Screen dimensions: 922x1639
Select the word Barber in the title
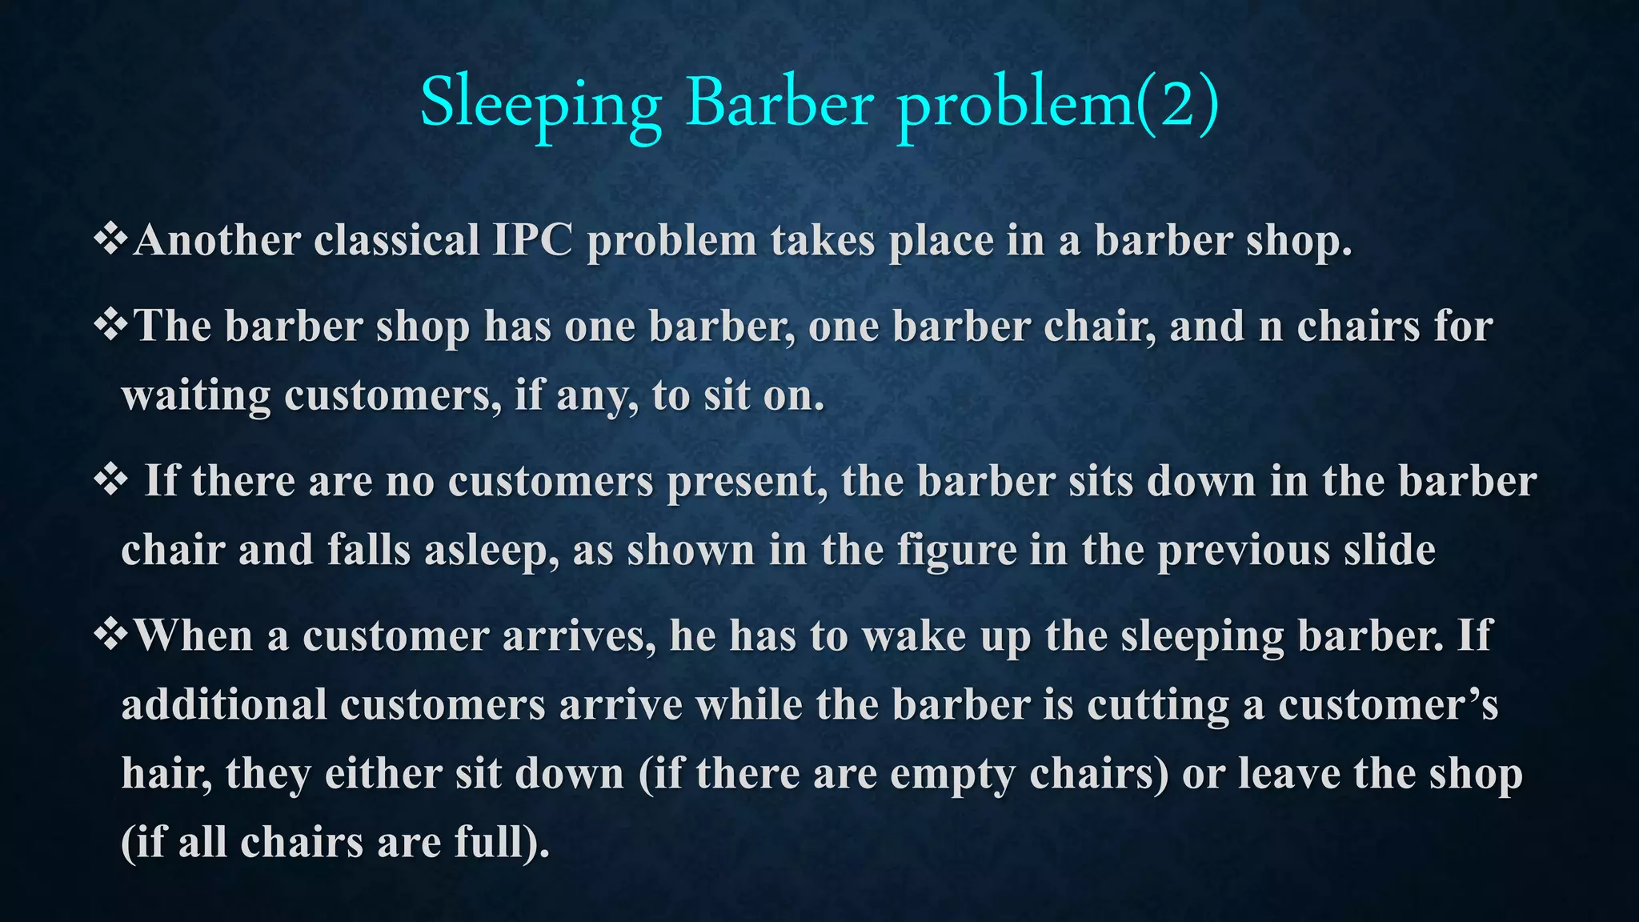tap(779, 104)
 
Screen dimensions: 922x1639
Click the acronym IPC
tap(532, 240)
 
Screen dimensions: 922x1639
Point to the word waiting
tap(196, 396)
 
